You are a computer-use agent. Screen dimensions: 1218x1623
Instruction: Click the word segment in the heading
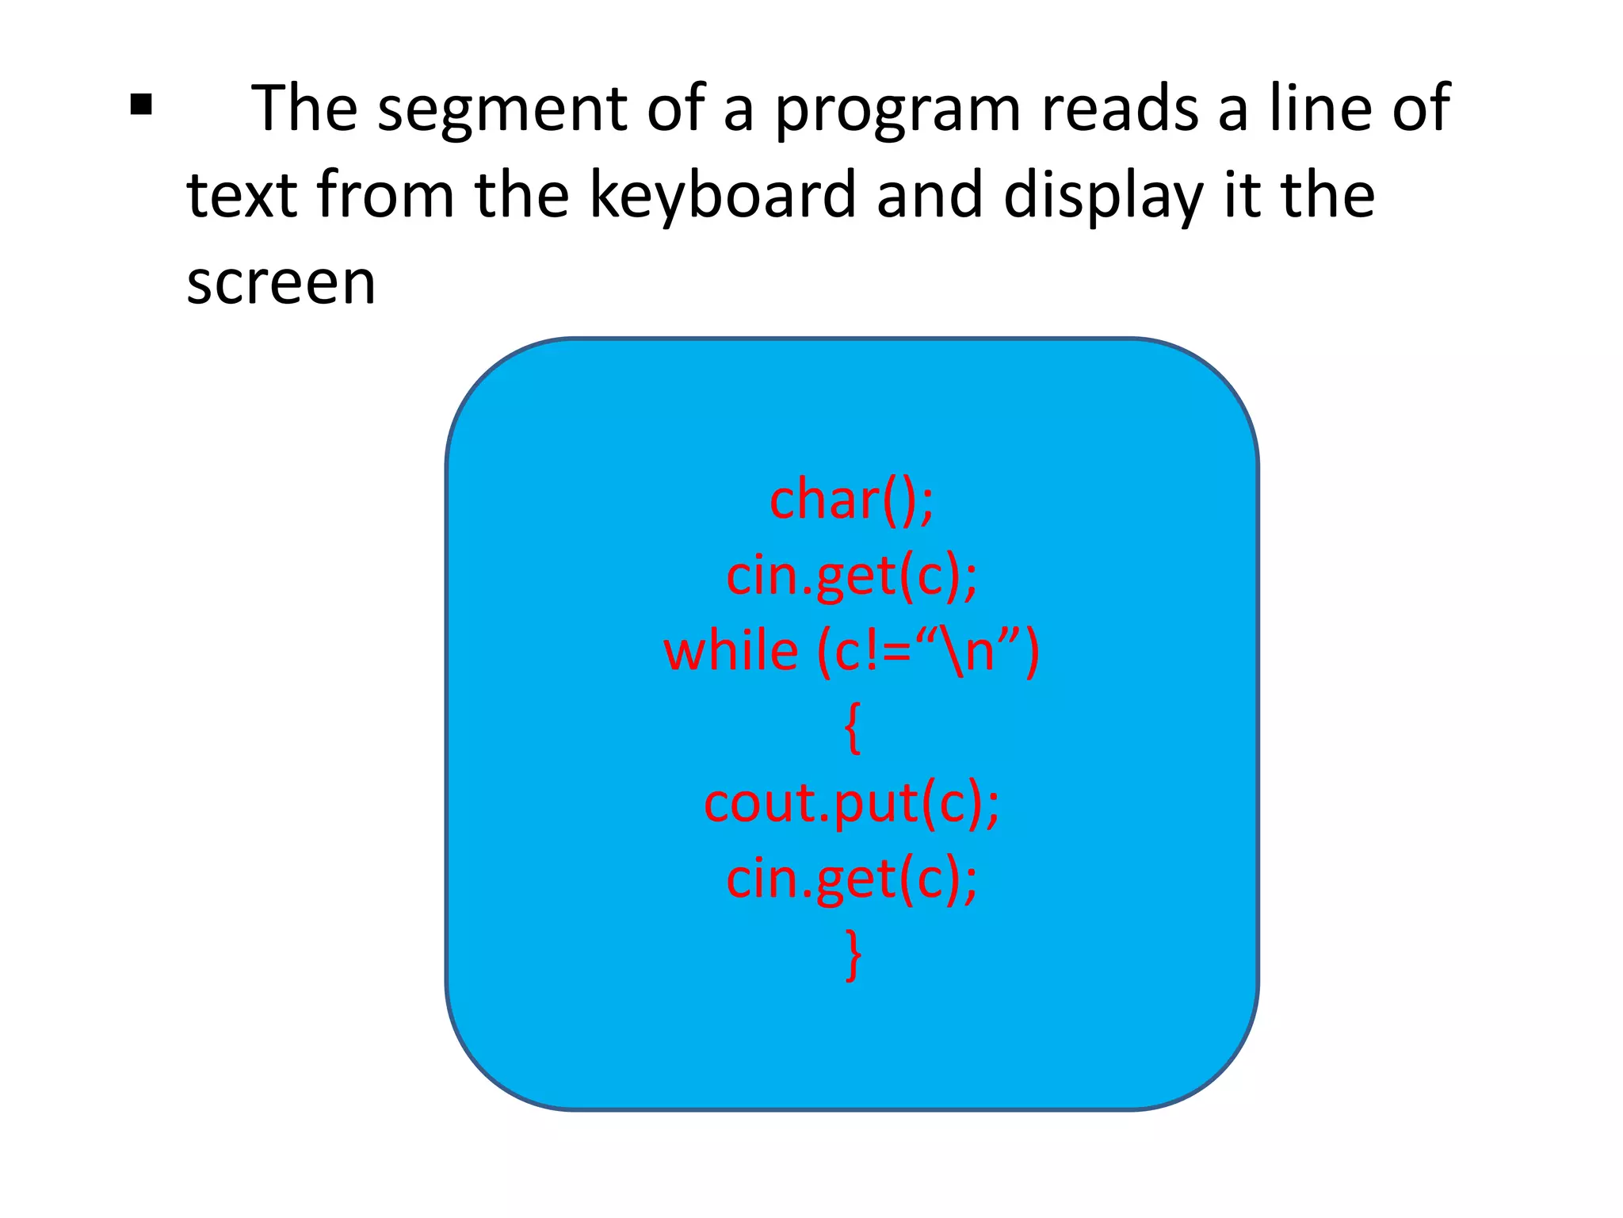(x=502, y=109)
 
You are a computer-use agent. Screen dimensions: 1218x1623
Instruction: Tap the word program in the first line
(x=897, y=109)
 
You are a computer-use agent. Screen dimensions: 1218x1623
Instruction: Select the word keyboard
(x=723, y=195)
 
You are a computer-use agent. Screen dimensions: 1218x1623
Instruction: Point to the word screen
(x=281, y=282)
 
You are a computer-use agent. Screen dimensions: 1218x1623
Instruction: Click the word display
(x=1103, y=197)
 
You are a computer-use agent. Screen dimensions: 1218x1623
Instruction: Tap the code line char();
(x=852, y=500)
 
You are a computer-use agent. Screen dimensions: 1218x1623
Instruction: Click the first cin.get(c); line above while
(x=852, y=576)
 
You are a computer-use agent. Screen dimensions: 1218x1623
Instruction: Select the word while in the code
(x=731, y=652)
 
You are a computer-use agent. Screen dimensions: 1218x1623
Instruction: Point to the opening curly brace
(x=853, y=727)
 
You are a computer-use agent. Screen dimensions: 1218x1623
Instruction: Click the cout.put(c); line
(x=852, y=804)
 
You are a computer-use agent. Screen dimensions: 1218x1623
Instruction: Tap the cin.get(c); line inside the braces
(x=852, y=879)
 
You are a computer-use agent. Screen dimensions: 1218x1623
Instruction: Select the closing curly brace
(x=853, y=955)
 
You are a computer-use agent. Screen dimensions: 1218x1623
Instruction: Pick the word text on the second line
(x=242, y=195)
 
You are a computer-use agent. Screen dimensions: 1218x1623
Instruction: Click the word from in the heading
(x=385, y=195)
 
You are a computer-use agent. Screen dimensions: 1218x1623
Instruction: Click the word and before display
(x=929, y=195)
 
